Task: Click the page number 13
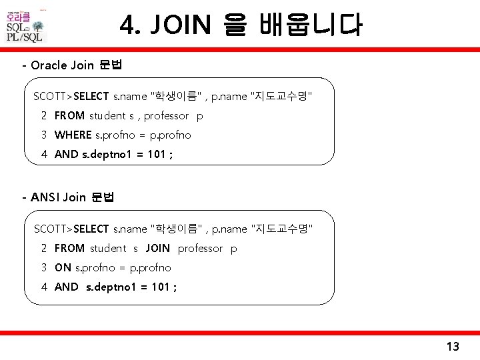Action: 453,346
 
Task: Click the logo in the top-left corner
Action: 26,25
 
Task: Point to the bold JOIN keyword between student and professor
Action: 157,248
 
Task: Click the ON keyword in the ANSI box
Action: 63,267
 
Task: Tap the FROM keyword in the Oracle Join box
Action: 69,115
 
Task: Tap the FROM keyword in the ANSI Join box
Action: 69,248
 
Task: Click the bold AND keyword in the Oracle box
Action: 66,154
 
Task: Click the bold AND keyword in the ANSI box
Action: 66,287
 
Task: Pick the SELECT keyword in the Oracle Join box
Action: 92,96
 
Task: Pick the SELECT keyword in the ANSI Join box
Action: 92,229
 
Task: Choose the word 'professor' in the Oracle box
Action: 166,115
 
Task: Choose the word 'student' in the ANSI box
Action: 108,248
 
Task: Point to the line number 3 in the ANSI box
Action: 43,267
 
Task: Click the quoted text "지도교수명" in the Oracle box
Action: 281,96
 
